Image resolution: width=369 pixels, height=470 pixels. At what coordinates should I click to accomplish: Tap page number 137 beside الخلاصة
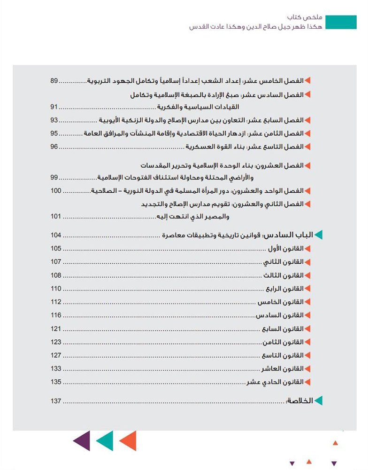[56, 401]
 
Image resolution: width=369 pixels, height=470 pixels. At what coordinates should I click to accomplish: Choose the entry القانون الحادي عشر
[276, 382]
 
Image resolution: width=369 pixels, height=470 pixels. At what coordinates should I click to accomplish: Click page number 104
[56, 235]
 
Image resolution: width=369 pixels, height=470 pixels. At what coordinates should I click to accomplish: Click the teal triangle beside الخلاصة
[319, 401]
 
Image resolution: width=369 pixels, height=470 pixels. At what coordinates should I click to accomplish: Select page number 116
[56, 315]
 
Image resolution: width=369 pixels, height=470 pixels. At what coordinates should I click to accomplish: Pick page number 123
[56, 342]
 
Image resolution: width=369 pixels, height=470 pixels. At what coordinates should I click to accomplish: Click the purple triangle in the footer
[81, 441]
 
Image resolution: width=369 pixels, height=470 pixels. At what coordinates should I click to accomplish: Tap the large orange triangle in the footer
[128, 441]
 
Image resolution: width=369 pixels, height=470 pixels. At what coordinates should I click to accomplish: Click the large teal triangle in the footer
[105, 441]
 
